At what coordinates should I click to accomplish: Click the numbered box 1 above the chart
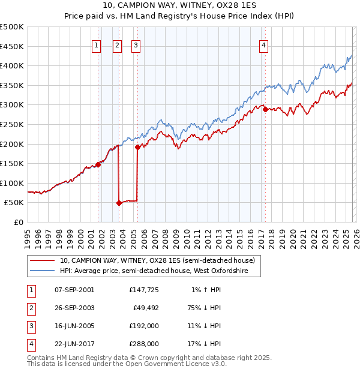coord(97,44)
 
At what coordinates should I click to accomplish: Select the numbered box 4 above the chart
coord(264,44)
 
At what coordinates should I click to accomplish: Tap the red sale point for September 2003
coord(119,203)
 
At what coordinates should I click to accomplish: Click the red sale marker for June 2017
coord(265,109)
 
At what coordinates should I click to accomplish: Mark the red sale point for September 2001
coord(98,164)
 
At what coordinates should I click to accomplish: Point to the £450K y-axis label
coord(12,46)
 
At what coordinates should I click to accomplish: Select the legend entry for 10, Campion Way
coord(157,260)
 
